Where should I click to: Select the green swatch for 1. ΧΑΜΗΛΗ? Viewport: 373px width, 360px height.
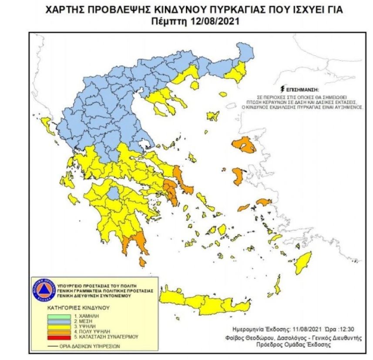point(54,314)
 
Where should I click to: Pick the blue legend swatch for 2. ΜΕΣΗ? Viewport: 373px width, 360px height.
point(54,320)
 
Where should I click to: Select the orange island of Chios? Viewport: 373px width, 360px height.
point(238,176)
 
